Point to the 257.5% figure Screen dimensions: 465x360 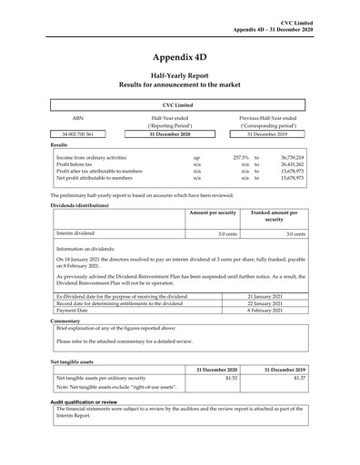[x=241, y=157]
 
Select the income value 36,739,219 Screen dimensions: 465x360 [x=286, y=157]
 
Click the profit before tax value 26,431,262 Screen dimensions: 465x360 [x=286, y=164]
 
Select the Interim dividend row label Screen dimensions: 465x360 [x=76, y=234]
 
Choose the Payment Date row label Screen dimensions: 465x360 [x=72, y=311]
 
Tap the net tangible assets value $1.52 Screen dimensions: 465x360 [x=230, y=378]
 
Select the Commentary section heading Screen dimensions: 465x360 [x=65, y=321]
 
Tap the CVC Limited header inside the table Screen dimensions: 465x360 [x=180, y=105]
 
